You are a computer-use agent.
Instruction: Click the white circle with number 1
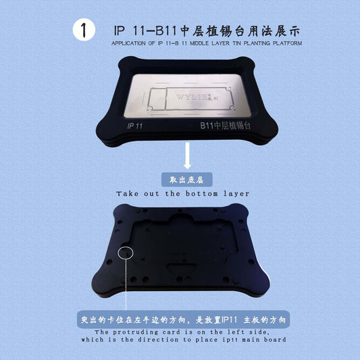click(x=84, y=30)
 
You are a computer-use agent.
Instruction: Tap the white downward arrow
click(x=187, y=155)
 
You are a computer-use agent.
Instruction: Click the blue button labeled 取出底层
click(x=187, y=180)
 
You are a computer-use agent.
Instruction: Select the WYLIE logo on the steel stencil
click(x=197, y=97)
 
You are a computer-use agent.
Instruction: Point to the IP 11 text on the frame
click(x=135, y=126)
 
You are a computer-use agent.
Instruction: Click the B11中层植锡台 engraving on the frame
click(x=225, y=126)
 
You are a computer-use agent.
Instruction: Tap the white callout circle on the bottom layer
click(x=126, y=253)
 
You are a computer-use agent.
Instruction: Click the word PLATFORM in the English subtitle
click(x=287, y=43)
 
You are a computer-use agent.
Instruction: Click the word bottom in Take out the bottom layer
click(x=201, y=194)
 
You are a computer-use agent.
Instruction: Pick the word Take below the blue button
click(x=128, y=194)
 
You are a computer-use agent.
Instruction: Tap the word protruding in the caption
click(x=136, y=332)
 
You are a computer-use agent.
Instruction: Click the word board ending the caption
click(x=275, y=340)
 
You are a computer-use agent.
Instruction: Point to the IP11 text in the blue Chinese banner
click(x=229, y=320)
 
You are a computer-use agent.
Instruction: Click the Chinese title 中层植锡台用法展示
click(x=240, y=31)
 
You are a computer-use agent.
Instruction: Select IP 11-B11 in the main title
click(x=145, y=31)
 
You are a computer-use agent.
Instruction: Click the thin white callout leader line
click(x=126, y=285)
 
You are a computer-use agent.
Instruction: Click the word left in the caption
click(x=234, y=332)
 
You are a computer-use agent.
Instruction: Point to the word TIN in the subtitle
click(x=236, y=43)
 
